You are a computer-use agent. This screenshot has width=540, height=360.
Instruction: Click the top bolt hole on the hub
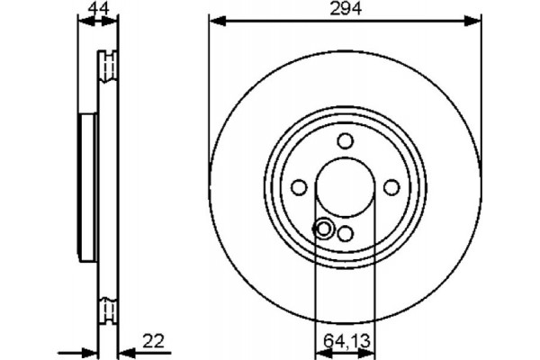click(346, 140)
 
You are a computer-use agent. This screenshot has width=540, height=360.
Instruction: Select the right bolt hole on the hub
click(392, 187)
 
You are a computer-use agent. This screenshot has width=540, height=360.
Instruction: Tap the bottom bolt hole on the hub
click(346, 234)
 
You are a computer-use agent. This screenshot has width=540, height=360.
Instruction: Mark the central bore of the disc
click(346, 187)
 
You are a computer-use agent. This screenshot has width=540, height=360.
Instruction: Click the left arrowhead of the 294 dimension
click(215, 20)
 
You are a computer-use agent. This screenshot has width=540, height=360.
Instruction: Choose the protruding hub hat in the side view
click(87, 187)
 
